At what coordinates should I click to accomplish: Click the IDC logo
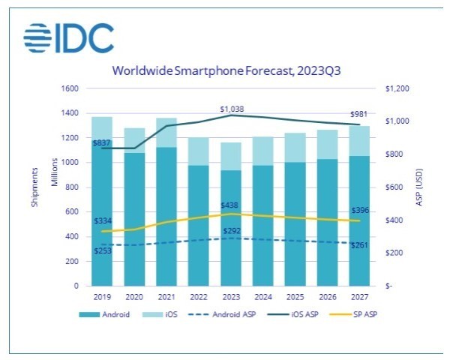69,37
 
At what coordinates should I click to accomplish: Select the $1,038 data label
232,109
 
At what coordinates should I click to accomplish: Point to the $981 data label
360,115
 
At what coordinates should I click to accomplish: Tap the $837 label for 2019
102,142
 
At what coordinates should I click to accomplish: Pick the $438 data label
231,205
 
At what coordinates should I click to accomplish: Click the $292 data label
232,230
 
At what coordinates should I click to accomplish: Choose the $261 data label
360,247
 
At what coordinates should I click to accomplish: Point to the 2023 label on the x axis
231,295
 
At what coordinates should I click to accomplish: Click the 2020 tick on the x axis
134,295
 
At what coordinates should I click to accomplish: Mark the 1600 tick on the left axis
69,88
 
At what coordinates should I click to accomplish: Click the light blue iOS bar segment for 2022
199,151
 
